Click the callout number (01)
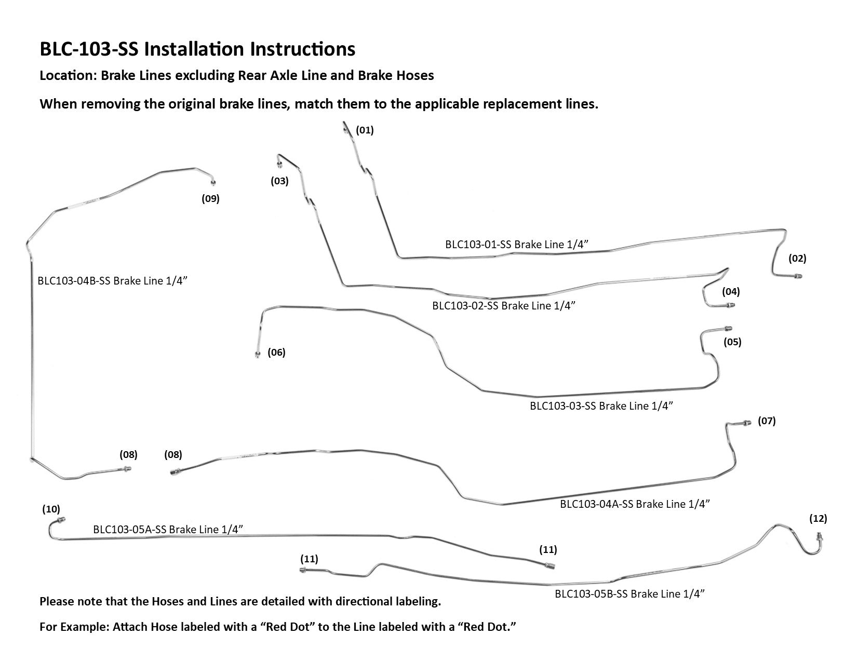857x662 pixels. pos(365,130)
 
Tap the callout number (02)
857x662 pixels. pos(797,258)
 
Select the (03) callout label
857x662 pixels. pos(279,181)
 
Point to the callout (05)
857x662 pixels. pos(732,342)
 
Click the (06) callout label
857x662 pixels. pos(276,353)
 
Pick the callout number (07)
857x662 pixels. pos(767,421)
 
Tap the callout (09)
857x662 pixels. pos(210,198)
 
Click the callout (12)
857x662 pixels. pos(818,518)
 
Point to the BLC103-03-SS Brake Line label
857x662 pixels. pos(601,406)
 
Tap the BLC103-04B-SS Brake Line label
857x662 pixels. pos(112,281)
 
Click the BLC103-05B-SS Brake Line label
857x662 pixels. pos(630,594)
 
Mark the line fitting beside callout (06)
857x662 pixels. pos(258,355)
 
